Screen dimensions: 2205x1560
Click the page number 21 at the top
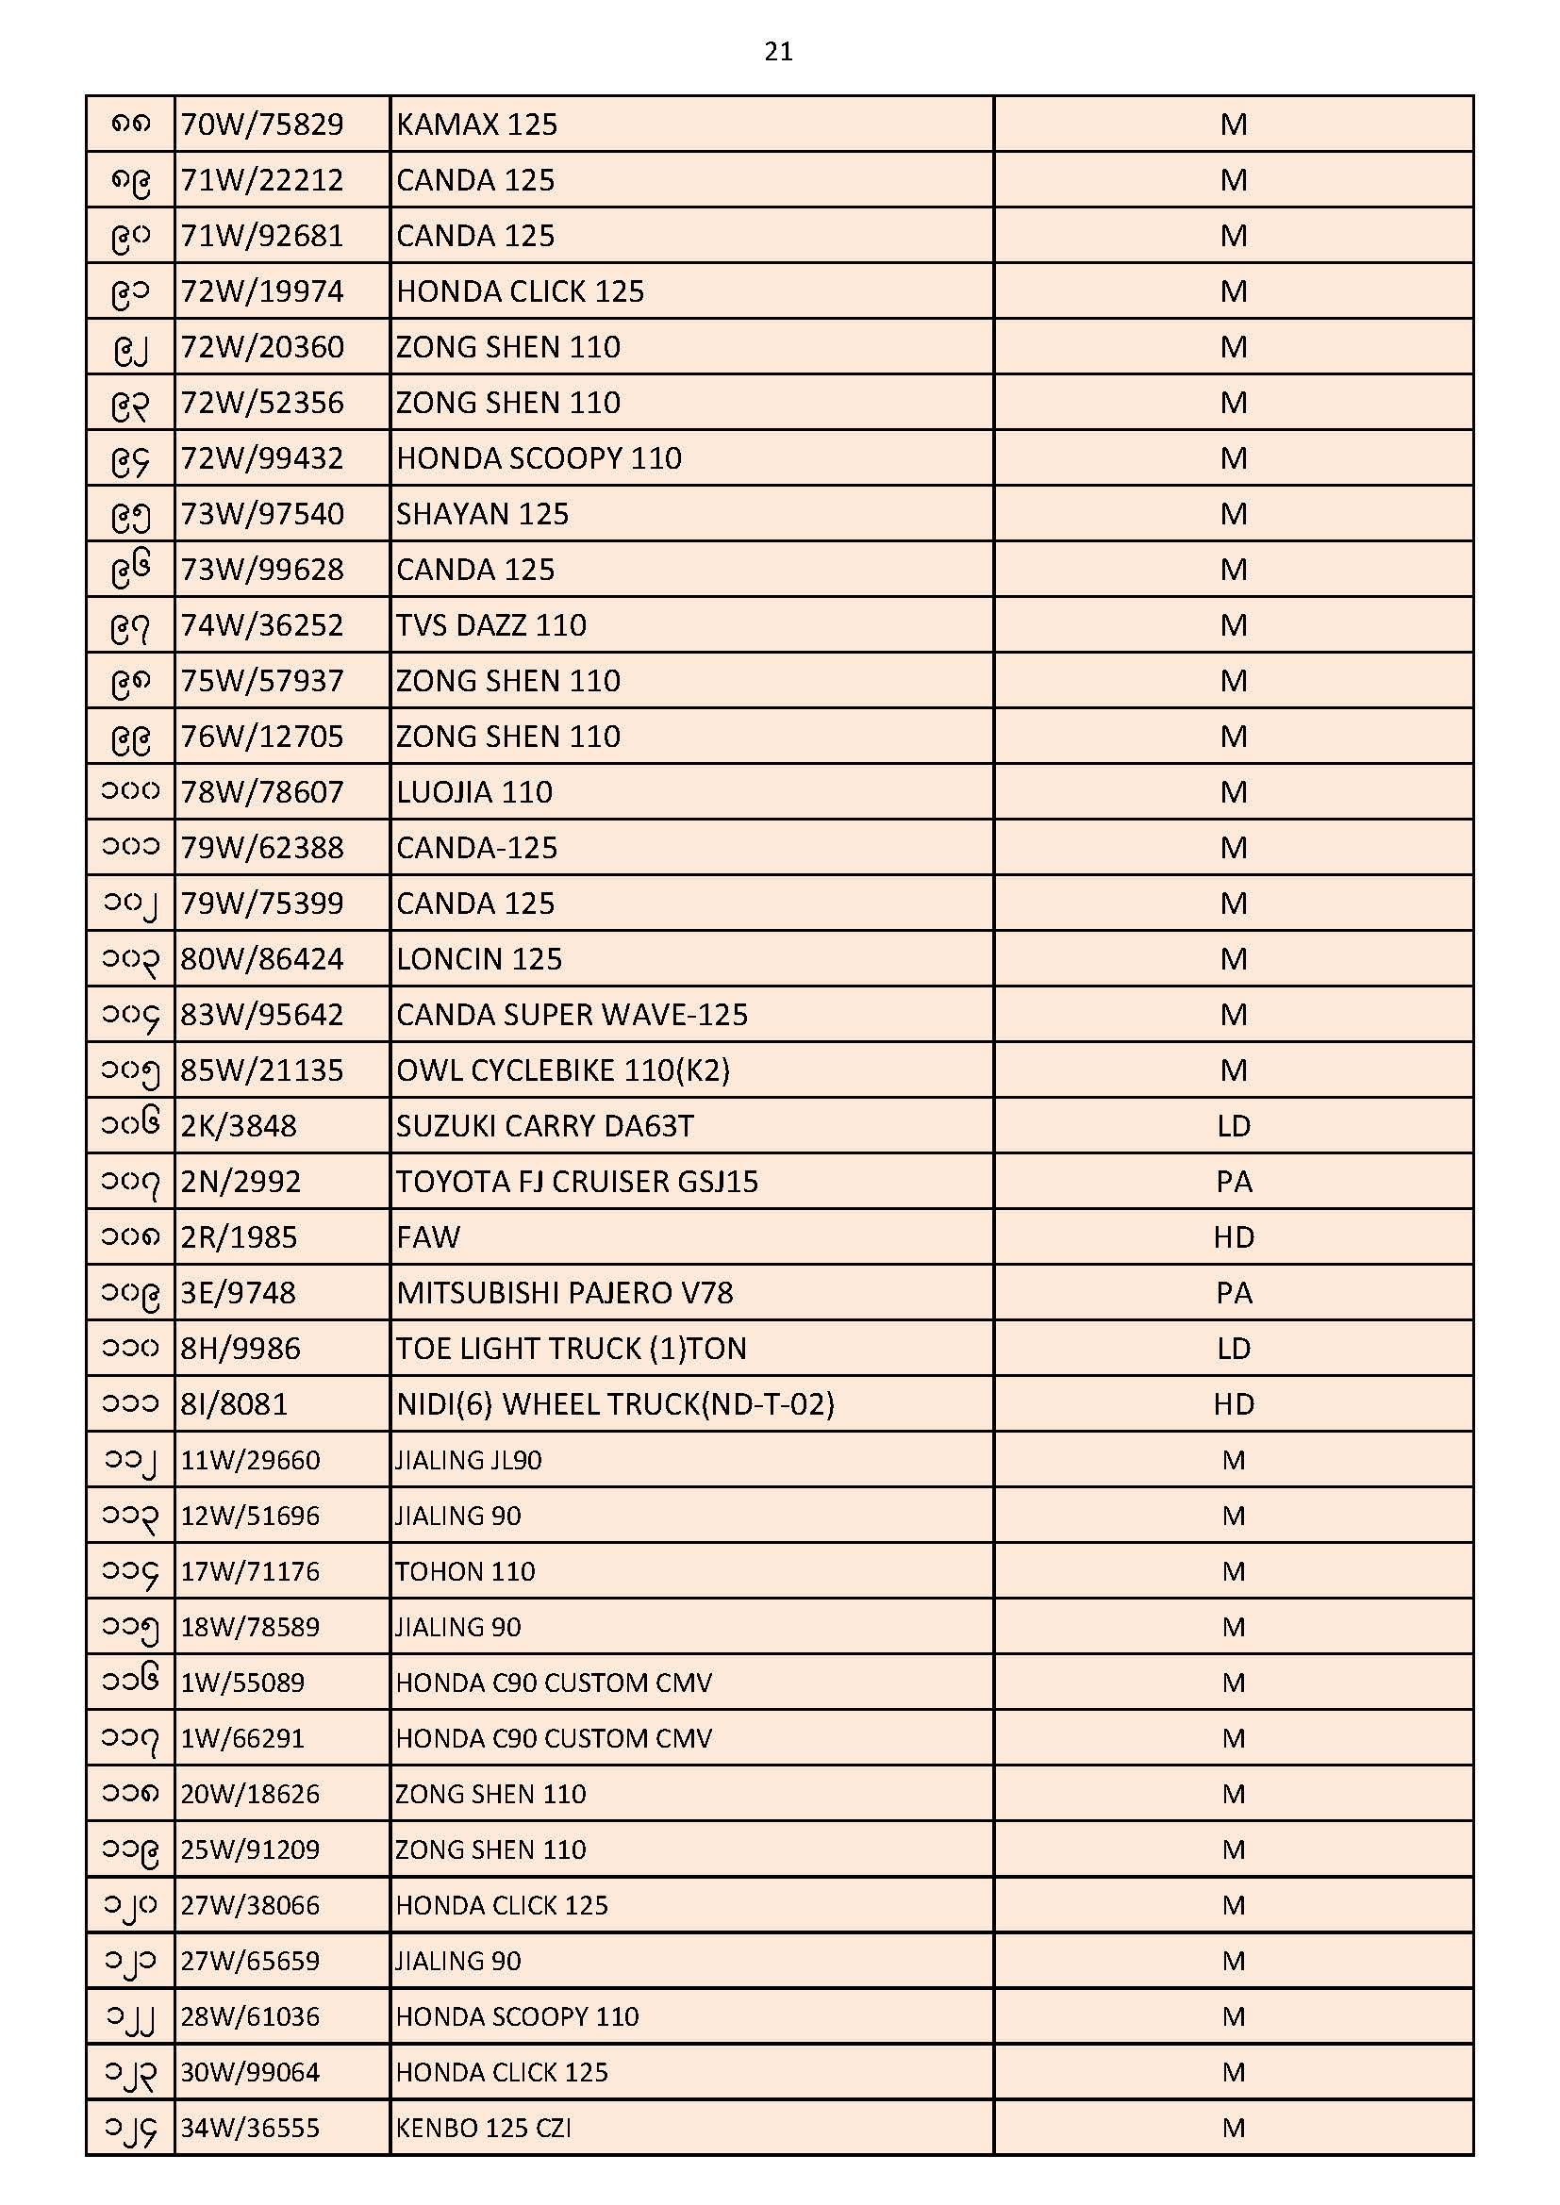pyautogui.click(x=778, y=51)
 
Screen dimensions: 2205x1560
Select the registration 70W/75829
pyautogui.click(x=261, y=124)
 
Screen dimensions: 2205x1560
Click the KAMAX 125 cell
pyautogui.click(x=476, y=124)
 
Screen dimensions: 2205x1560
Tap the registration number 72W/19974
pyautogui.click(x=261, y=292)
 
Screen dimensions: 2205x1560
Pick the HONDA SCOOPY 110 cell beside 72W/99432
pyautogui.click(x=539, y=459)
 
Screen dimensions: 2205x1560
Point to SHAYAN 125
pyautogui.click(x=482, y=515)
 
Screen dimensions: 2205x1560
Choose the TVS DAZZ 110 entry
pyautogui.click(x=490, y=626)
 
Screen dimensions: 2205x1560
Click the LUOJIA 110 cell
pyautogui.click(x=474, y=792)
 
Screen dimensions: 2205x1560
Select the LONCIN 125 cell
pyautogui.click(x=479, y=959)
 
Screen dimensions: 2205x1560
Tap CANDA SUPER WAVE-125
pyautogui.click(x=572, y=1015)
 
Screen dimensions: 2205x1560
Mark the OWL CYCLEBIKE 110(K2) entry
pyautogui.click(x=563, y=1070)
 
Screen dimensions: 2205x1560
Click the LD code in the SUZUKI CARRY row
pyautogui.click(x=1234, y=1126)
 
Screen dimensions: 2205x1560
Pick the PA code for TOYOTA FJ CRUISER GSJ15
pyautogui.click(x=1234, y=1183)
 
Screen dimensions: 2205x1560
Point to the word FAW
pyautogui.click(x=428, y=1238)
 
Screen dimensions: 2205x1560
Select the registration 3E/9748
pyautogui.click(x=239, y=1294)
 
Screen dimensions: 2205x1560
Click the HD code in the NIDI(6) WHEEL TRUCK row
pyautogui.click(x=1234, y=1405)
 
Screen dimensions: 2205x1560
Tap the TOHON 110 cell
pyautogui.click(x=466, y=1572)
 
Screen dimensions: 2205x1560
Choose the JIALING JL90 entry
pyautogui.click(x=469, y=1461)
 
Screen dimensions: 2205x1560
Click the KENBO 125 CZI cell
pyautogui.click(x=483, y=2129)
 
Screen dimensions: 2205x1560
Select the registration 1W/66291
pyautogui.click(x=242, y=1738)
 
